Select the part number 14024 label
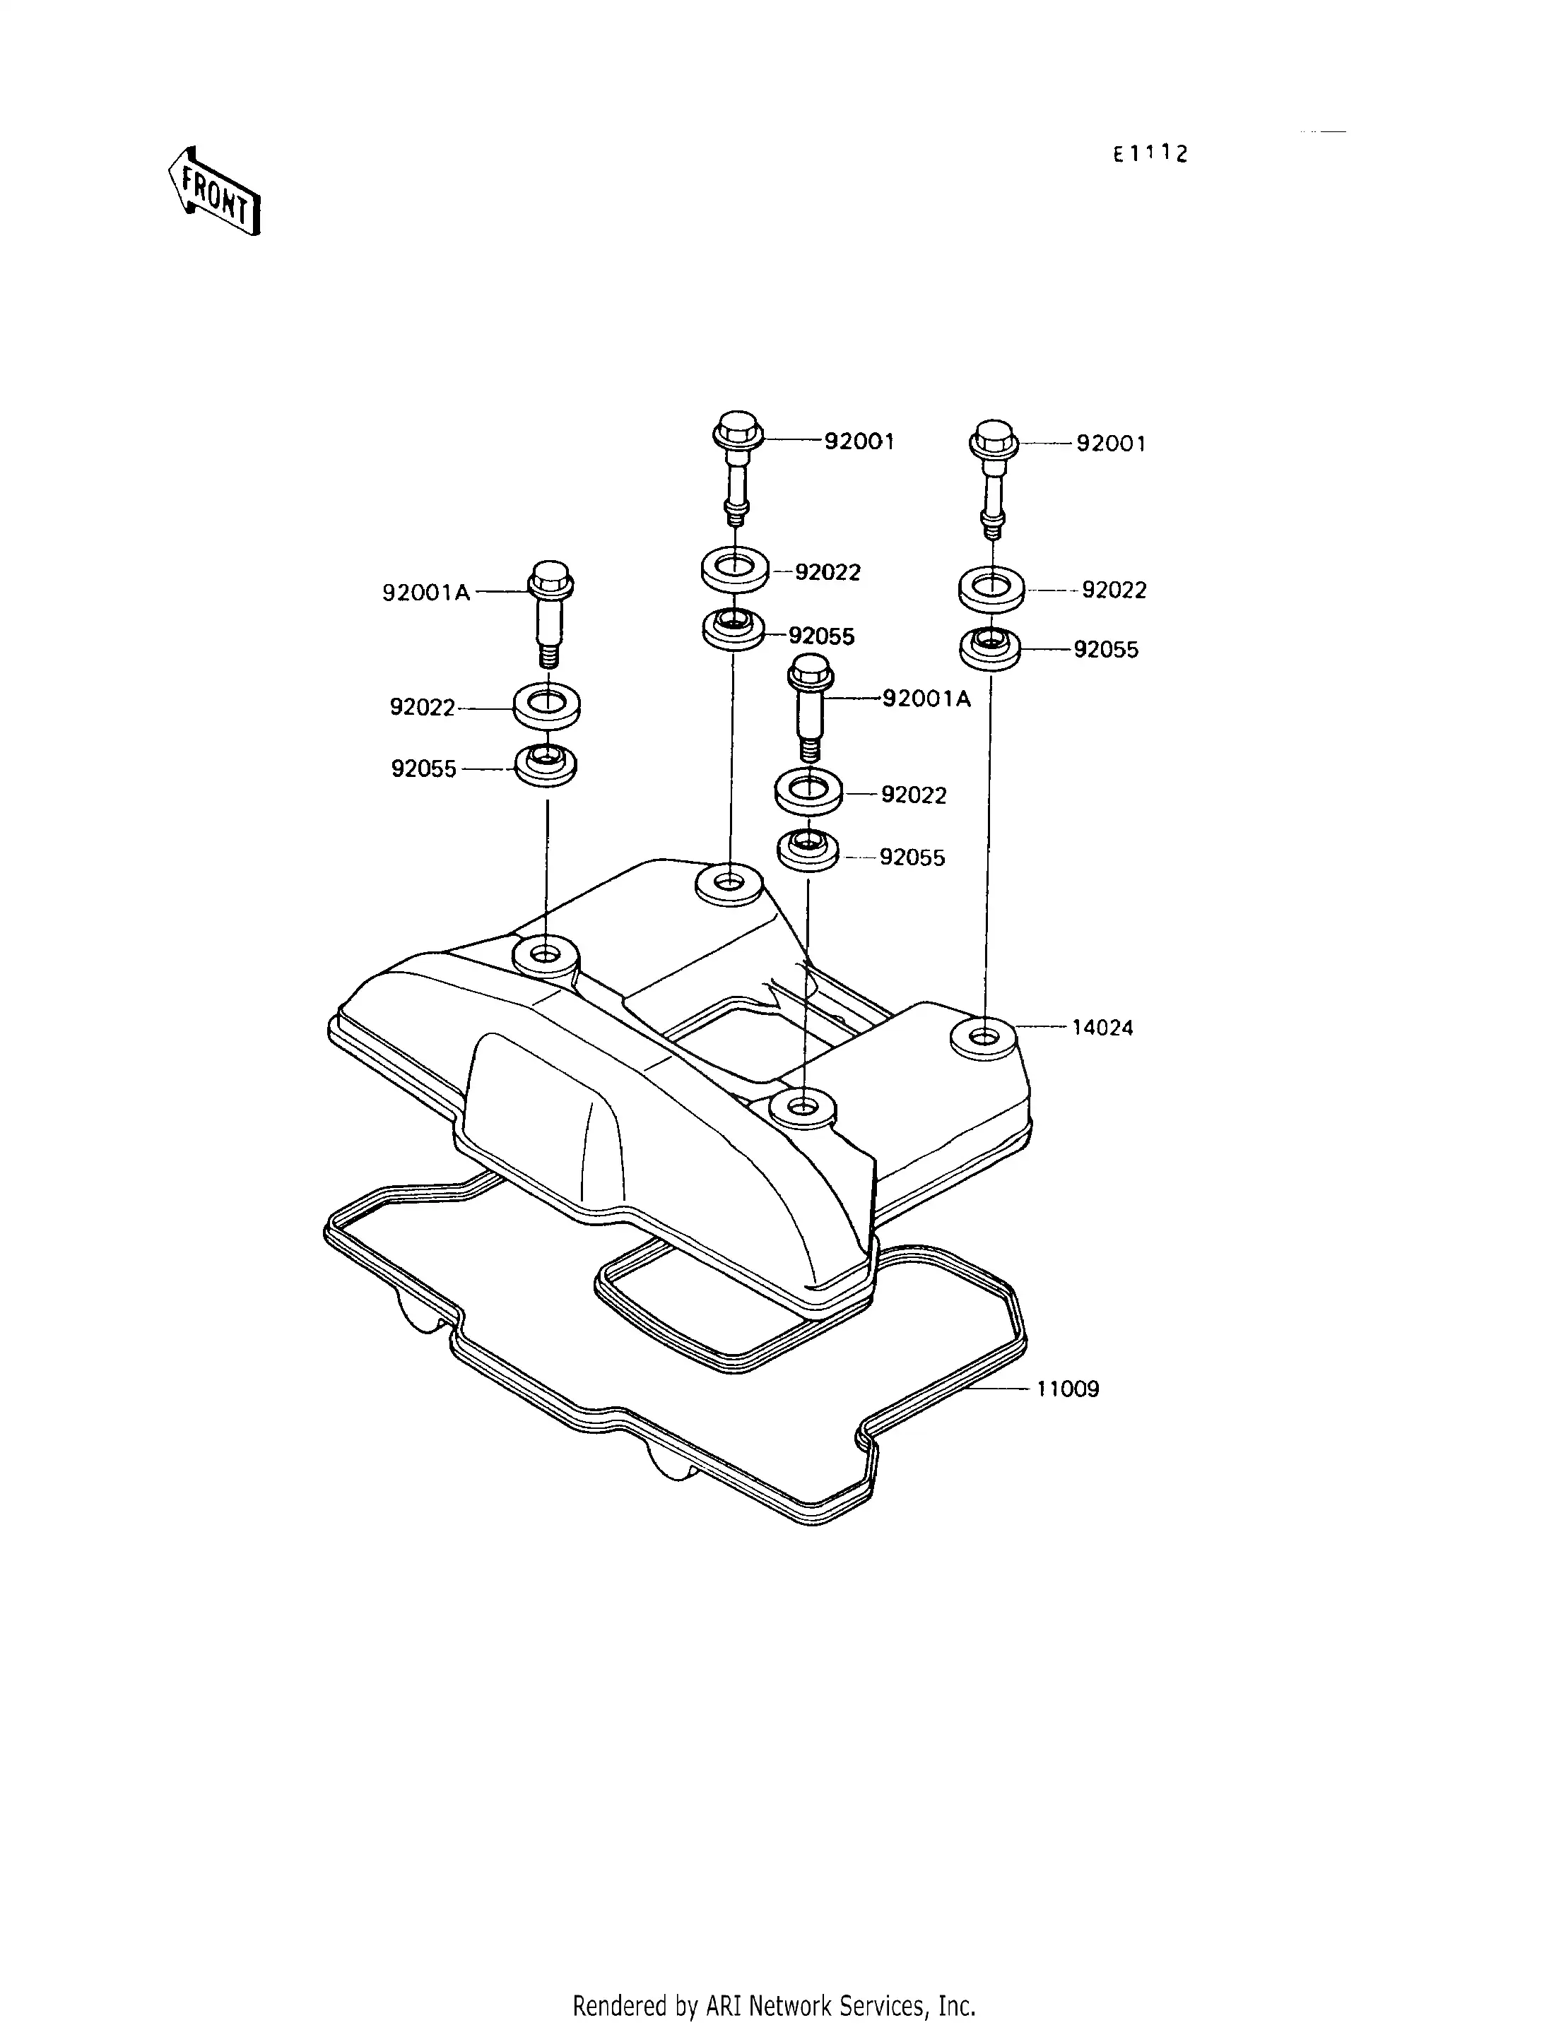1102,1028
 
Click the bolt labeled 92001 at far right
992,480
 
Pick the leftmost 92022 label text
423,708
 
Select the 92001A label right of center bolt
926,699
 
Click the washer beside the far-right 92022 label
991,590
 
